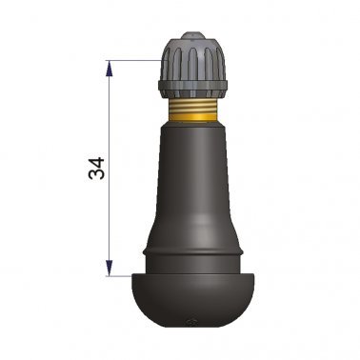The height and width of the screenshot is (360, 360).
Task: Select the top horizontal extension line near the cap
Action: [133, 60]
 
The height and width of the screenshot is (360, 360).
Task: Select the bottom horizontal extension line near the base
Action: [122, 276]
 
